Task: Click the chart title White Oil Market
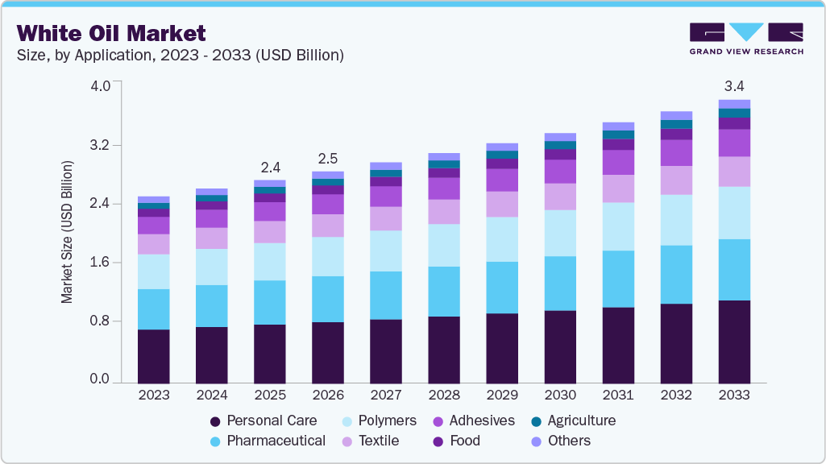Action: click(111, 33)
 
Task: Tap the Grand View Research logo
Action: click(745, 38)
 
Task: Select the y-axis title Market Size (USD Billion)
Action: click(68, 232)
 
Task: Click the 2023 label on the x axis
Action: click(153, 396)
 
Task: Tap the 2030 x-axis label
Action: click(560, 396)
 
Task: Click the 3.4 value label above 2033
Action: click(734, 85)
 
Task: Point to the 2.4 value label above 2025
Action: click(270, 168)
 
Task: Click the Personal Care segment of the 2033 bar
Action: click(734, 342)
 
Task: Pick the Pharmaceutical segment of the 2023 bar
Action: click(153, 309)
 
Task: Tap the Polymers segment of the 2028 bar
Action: click(444, 245)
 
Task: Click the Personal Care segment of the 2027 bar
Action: click(386, 351)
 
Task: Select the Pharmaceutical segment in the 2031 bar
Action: click(618, 279)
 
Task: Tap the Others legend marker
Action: click(536, 441)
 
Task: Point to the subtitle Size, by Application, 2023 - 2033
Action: click(181, 56)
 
